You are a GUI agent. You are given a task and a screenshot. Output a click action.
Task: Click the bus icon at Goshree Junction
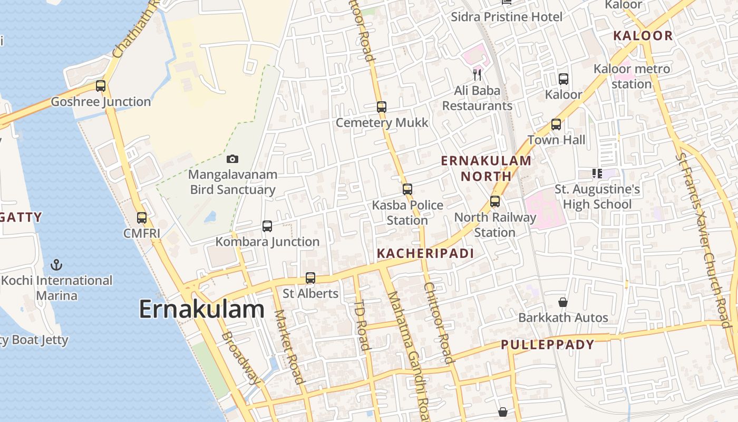tap(101, 85)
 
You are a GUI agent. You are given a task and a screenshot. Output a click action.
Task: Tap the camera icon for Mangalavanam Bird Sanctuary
tap(232, 159)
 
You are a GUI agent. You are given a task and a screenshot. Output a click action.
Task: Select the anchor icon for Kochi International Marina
tap(56, 265)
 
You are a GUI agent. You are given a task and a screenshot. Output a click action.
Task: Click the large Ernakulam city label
tap(201, 309)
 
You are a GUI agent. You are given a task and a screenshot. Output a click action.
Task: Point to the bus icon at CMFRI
tap(142, 217)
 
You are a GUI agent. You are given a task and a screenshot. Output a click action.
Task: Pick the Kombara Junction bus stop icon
tap(267, 226)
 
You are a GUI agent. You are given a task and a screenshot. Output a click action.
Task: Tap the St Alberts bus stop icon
tap(310, 277)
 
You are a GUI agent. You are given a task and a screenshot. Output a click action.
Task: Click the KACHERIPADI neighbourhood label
tap(425, 254)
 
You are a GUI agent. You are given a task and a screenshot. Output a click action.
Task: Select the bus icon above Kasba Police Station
tap(407, 189)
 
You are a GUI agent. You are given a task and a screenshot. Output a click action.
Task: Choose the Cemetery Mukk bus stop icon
tap(382, 107)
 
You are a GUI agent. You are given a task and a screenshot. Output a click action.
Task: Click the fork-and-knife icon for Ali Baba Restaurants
tap(477, 74)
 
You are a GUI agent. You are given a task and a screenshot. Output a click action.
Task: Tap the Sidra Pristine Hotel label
tap(507, 17)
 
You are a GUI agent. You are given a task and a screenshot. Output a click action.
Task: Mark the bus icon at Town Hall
tap(556, 124)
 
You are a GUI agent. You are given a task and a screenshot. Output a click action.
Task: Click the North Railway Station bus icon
tap(495, 201)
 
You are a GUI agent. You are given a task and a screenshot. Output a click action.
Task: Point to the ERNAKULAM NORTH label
tap(486, 168)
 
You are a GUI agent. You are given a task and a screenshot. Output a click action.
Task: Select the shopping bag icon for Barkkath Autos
tap(563, 302)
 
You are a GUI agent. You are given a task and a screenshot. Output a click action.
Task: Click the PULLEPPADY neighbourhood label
tap(547, 345)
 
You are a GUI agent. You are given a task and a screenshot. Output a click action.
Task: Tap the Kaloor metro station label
tap(632, 76)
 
